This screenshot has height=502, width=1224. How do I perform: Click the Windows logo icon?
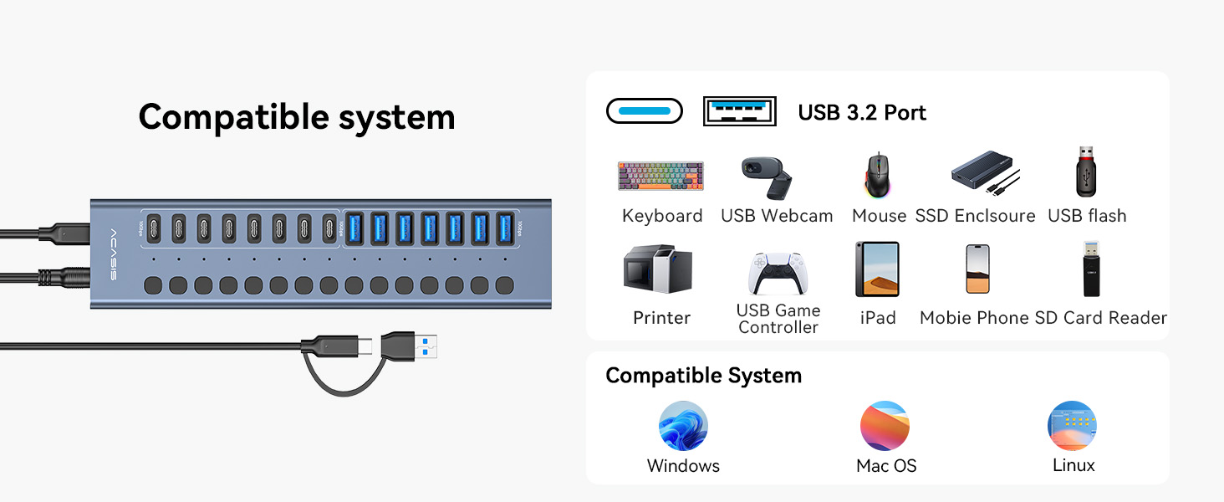683,426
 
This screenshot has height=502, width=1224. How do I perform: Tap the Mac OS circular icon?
885,426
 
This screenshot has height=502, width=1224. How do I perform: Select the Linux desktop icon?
1072,426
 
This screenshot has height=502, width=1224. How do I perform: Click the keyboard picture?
660,176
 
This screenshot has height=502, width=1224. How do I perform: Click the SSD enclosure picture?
985,173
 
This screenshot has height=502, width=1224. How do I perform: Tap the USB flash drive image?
1085,172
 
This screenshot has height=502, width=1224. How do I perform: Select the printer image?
658,270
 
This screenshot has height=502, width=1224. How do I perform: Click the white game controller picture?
777,274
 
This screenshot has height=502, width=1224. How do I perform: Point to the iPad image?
877,269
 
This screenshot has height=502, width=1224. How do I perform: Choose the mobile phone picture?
977,269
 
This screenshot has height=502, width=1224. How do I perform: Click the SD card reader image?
1091,269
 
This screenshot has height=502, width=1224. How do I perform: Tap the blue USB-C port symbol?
644,111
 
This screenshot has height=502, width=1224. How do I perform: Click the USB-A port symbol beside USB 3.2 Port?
739,111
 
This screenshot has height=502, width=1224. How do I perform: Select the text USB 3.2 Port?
862,113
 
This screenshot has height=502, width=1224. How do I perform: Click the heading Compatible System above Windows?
703,376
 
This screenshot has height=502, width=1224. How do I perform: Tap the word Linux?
1074,465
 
